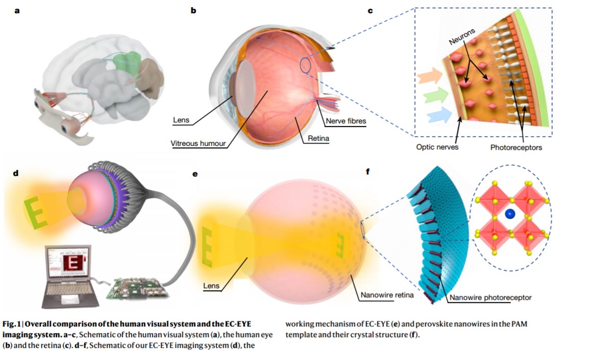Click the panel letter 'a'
pyautogui.click(x=17, y=10)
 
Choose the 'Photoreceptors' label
pyautogui.click(x=516, y=148)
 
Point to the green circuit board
pyautogui.click(x=138, y=288)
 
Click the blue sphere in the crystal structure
pyautogui.click(x=508, y=216)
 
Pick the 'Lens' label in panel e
pyautogui.click(x=211, y=286)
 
